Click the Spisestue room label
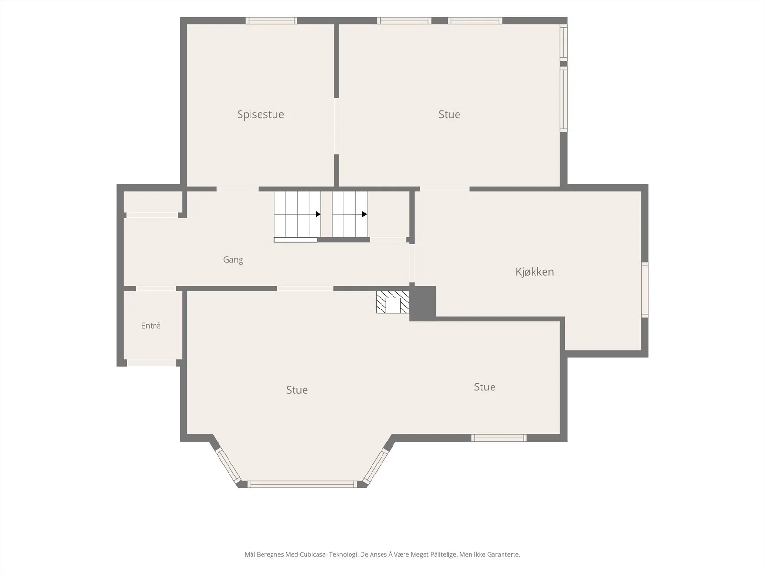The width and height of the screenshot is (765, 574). coord(261,115)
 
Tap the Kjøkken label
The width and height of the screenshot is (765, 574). coord(535,272)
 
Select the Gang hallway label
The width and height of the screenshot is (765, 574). coord(233,260)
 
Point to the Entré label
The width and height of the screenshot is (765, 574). coord(151,326)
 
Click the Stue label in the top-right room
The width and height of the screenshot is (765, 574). coord(449,114)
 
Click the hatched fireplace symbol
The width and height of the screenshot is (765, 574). coord(393,302)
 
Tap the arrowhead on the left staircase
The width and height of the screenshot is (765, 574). coord(318,214)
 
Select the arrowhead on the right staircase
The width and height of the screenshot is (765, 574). coord(364,214)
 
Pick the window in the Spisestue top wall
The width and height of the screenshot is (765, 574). coord(272,21)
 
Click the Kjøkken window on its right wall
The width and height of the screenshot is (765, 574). coord(645,289)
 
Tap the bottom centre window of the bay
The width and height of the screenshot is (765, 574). coord(302,485)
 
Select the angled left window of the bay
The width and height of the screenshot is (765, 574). coord(228,465)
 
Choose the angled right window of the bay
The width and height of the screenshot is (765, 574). coord(375,465)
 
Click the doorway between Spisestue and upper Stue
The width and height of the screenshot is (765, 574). coord(337,126)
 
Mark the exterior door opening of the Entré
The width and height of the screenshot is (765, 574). coord(151,363)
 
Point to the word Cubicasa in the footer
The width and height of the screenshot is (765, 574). coord(313,554)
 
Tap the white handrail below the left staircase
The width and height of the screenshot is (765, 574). coord(296,240)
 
